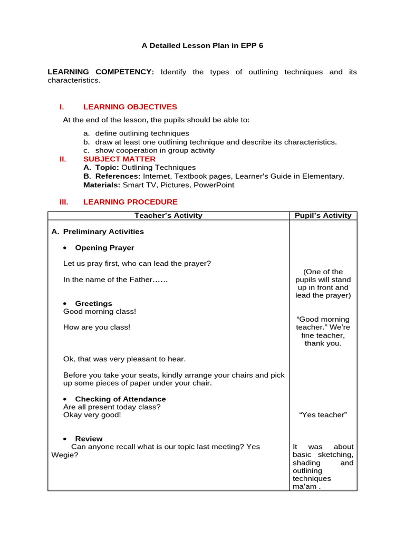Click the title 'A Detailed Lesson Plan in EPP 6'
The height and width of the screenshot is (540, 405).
(x=202, y=45)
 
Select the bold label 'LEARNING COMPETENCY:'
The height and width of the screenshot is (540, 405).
(x=101, y=72)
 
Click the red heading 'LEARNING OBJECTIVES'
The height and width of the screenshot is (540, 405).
(x=130, y=107)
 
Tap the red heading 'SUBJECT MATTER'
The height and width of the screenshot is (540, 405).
(x=119, y=159)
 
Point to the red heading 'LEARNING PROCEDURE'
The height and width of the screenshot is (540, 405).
(x=130, y=201)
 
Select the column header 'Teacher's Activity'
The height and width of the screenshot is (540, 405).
(x=168, y=215)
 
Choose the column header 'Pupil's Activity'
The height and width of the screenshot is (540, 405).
(x=323, y=215)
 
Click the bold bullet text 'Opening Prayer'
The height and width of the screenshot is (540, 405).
(x=104, y=247)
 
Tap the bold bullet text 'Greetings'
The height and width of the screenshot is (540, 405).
(x=93, y=303)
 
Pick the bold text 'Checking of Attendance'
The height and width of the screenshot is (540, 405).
(x=120, y=399)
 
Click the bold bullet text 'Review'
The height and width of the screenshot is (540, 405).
(x=89, y=438)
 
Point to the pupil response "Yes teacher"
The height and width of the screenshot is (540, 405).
(x=323, y=414)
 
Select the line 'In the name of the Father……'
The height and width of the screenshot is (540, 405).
(x=115, y=279)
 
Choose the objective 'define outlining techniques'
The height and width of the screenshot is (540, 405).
(x=142, y=133)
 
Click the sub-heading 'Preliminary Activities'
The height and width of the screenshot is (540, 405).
(x=103, y=232)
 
